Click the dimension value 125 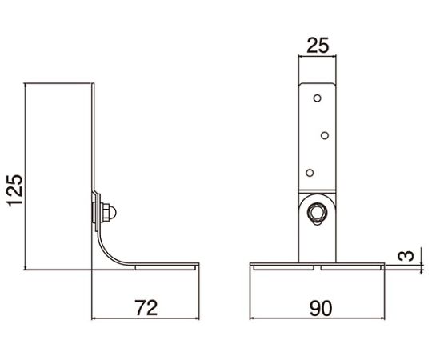tap(15, 190)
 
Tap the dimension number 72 tap(146, 308)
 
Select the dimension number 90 tap(321, 309)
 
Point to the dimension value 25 tap(318, 46)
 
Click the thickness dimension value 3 tap(406, 256)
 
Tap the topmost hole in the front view tap(318, 98)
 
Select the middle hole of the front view tap(325, 135)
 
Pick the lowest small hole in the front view tap(310, 173)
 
